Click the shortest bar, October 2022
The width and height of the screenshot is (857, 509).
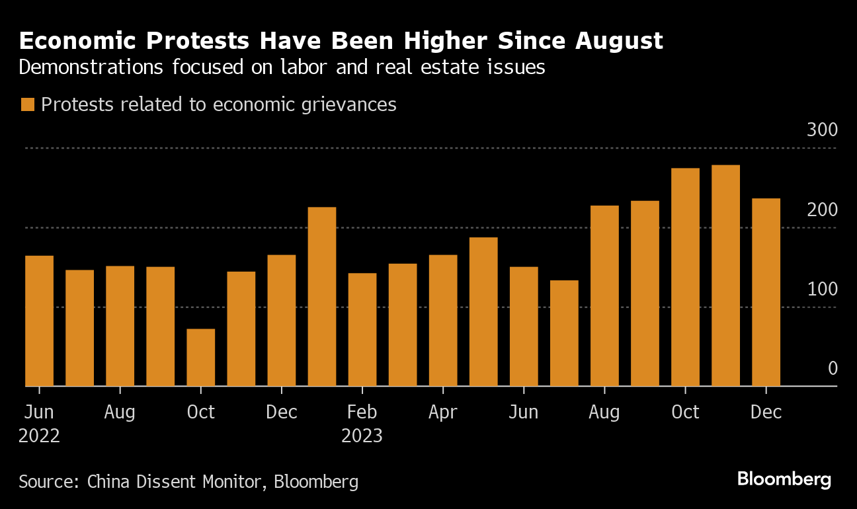pos(201,358)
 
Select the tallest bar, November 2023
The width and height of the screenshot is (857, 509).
pos(725,276)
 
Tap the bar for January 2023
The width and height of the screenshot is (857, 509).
pos(322,297)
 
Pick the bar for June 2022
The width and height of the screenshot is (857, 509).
pos(40,321)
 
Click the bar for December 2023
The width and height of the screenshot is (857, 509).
pos(766,292)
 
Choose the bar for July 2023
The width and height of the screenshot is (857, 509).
pos(564,333)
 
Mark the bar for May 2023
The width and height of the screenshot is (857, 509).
pos(483,311)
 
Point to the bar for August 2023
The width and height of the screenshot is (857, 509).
pos(604,295)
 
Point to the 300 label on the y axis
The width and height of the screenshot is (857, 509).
pos(822,130)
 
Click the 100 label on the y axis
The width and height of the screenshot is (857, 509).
pos(822,289)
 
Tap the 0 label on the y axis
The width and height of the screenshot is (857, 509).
pos(833,368)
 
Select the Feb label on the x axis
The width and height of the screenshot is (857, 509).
pos(362,412)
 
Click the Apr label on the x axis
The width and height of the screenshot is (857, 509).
pos(442,412)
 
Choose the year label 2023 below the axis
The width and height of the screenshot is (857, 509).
pos(362,436)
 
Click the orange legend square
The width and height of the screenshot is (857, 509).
pos(28,104)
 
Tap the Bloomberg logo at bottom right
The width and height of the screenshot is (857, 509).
pos(784,479)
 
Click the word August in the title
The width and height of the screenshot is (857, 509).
pos(618,42)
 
